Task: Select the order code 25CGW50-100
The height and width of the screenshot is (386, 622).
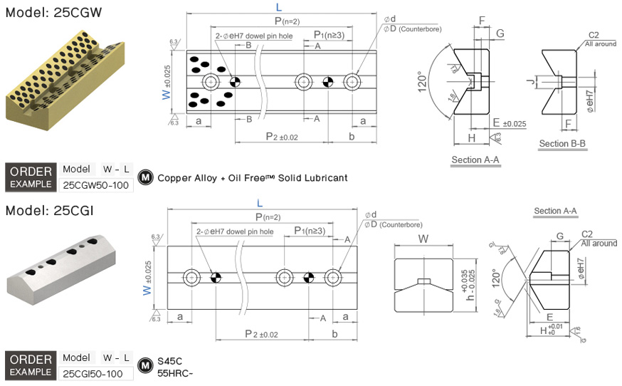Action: pyautogui.click(x=95, y=184)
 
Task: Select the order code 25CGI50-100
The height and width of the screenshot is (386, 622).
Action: pyautogui.click(x=93, y=373)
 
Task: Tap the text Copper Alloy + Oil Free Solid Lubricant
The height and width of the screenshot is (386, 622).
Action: pyautogui.click(x=253, y=177)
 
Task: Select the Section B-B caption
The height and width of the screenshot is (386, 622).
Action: pyautogui.click(x=563, y=144)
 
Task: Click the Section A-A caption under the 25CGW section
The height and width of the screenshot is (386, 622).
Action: pyautogui.click(x=475, y=160)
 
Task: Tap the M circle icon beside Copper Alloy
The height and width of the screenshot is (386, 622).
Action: pyautogui.click(x=146, y=177)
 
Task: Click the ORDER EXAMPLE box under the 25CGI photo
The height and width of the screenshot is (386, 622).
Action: pyautogui.click(x=31, y=365)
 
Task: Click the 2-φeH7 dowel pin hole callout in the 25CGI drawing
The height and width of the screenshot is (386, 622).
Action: pyautogui.click(x=234, y=231)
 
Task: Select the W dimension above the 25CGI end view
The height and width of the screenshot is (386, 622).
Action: pyautogui.click(x=423, y=239)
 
